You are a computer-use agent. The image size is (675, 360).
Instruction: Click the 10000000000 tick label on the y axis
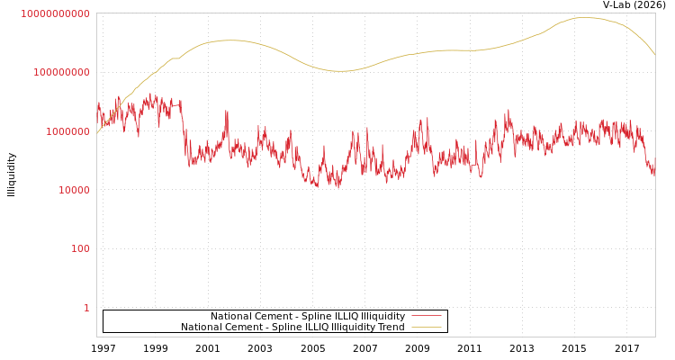click(55, 13)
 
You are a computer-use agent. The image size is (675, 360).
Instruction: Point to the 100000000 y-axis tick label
click(61, 72)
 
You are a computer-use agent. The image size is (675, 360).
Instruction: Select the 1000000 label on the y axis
click(67, 131)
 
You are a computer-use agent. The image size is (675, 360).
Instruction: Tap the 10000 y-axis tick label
click(74, 190)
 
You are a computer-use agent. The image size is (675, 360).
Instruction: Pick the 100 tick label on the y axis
click(80, 249)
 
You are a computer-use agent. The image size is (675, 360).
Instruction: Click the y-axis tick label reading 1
click(86, 308)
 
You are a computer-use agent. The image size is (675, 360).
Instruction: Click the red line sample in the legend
click(426, 316)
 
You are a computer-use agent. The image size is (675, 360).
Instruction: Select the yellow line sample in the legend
click(426, 327)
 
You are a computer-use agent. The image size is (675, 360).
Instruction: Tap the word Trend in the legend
click(391, 327)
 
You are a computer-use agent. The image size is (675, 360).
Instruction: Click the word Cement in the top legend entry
click(275, 316)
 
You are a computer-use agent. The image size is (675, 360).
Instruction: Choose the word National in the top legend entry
click(233, 316)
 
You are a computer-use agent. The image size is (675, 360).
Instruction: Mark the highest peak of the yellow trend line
click(583, 17)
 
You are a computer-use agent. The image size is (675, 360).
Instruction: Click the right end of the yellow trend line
click(654, 55)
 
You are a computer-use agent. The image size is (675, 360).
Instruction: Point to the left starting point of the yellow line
click(97, 133)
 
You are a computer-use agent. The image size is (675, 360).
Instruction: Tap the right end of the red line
click(654, 173)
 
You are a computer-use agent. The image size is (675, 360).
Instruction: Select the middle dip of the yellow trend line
click(340, 71)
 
